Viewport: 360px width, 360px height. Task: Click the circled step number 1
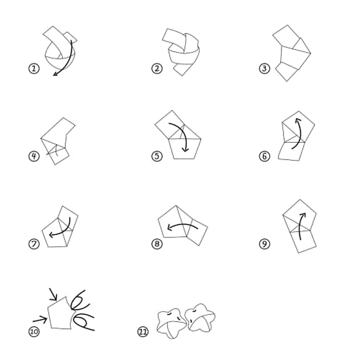click(34, 69)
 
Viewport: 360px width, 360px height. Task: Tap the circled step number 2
click(157, 69)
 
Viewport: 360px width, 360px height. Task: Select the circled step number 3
click(264, 69)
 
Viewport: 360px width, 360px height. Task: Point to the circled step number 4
click(34, 156)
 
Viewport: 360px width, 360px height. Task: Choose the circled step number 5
click(157, 156)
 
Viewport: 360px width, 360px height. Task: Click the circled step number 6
click(264, 156)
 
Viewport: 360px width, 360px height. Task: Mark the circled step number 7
click(34, 244)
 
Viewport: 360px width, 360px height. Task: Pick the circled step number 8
click(157, 244)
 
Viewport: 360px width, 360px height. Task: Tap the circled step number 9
click(264, 244)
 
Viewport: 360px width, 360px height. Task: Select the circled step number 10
click(34, 331)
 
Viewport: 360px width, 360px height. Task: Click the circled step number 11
click(143, 331)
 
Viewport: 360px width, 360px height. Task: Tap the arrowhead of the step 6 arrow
click(297, 120)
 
